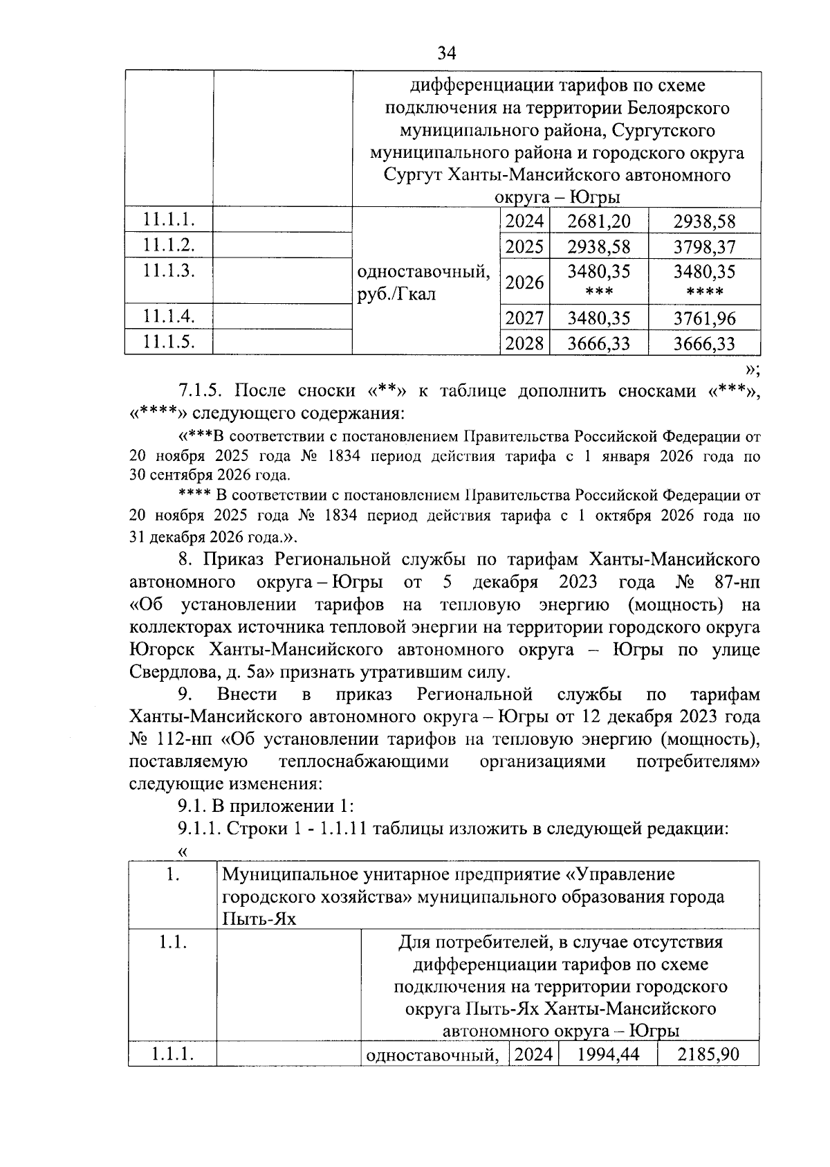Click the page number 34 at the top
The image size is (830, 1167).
pos(447,53)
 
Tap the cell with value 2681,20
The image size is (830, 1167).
pos(598,221)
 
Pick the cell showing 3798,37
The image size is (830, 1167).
pos(704,247)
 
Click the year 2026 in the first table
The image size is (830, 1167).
pos(524,282)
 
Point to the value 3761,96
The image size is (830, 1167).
pos(704,319)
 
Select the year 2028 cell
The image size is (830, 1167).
pos(524,343)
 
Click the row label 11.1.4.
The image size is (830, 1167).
pos(168,316)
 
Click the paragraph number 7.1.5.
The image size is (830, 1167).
pos(199,390)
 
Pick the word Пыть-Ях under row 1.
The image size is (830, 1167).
pos(257,919)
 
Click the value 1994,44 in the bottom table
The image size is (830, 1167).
pos(608,1054)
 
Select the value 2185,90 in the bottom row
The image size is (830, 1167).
pos(708,1054)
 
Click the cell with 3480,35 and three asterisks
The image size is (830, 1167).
pos(598,280)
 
